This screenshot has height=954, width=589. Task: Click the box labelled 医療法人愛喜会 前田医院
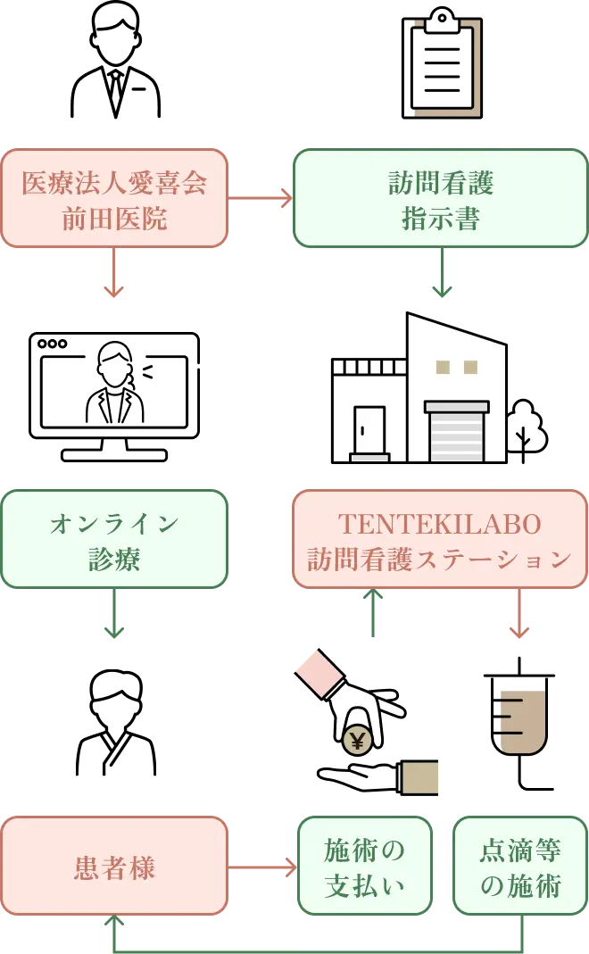(x=114, y=198)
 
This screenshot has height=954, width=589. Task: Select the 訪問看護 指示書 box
(x=440, y=198)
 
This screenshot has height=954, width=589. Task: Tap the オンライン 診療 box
(x=114, y=539)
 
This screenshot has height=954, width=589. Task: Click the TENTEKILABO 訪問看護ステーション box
(x=440, y=539)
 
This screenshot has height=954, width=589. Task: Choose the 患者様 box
(x=114, y=866)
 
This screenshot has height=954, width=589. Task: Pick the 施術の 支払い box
(x=364, y=866)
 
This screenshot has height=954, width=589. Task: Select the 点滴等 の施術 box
(x=520, y=866)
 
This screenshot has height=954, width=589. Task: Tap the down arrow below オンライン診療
(x=113, y=615)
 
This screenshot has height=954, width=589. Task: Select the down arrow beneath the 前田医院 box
(x=113, y=273)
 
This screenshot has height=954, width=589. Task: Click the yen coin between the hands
(x=358, y=739)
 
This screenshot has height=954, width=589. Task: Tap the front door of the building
(x=369, y=431)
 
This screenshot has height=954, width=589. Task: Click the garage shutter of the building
(x=456, y=436)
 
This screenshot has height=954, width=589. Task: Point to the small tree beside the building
(x=525, y=428)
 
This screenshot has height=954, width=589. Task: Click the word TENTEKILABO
(x=440, y=524)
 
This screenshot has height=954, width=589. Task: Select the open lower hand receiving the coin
(x=361, y=776)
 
